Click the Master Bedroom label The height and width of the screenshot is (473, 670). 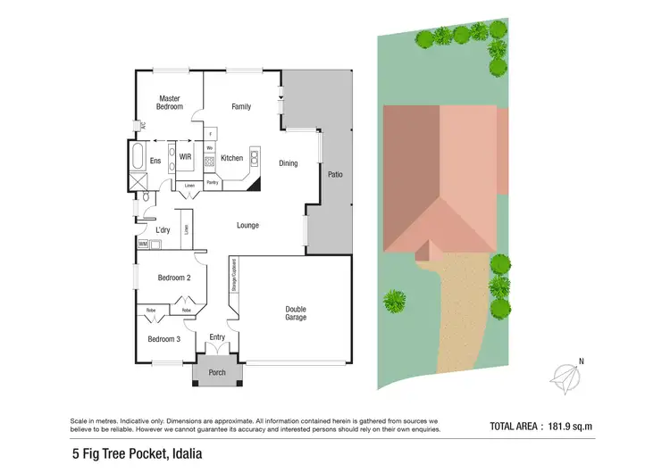point(170,103)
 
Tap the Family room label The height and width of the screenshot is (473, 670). point(241,106)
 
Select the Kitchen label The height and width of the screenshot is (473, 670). point(232,159)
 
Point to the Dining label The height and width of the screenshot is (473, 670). point(288,163)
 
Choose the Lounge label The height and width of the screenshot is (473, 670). point(247,225)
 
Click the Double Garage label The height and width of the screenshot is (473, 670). point(295,313)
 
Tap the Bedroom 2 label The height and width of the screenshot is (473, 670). point(174,278)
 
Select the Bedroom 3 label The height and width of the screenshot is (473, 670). point(164,339)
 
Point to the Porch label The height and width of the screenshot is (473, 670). point(217,372)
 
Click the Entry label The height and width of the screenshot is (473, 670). point(217,337)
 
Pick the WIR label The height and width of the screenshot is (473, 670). point(185,157)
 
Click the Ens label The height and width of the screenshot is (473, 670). point(155,161)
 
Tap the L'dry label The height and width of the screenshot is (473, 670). point(163,230)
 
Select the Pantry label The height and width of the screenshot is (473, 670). point(213,182)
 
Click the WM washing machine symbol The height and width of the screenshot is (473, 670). point(143,243)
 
